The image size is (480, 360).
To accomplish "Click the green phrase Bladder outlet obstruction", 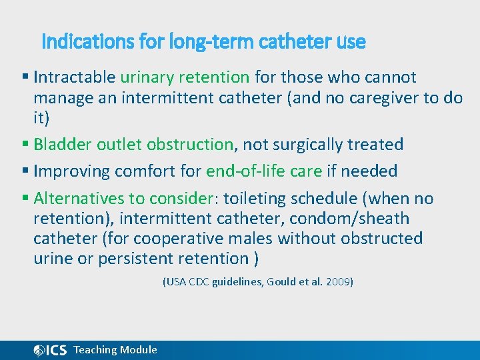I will pos(133,145).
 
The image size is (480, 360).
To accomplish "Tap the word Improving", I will pos(72,171).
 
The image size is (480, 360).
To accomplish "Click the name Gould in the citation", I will pos(281,282).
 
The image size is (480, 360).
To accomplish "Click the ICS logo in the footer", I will pos(50,350).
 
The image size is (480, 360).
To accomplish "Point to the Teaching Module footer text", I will pos(115,350).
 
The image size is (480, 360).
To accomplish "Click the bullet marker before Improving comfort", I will pos(25,171).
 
